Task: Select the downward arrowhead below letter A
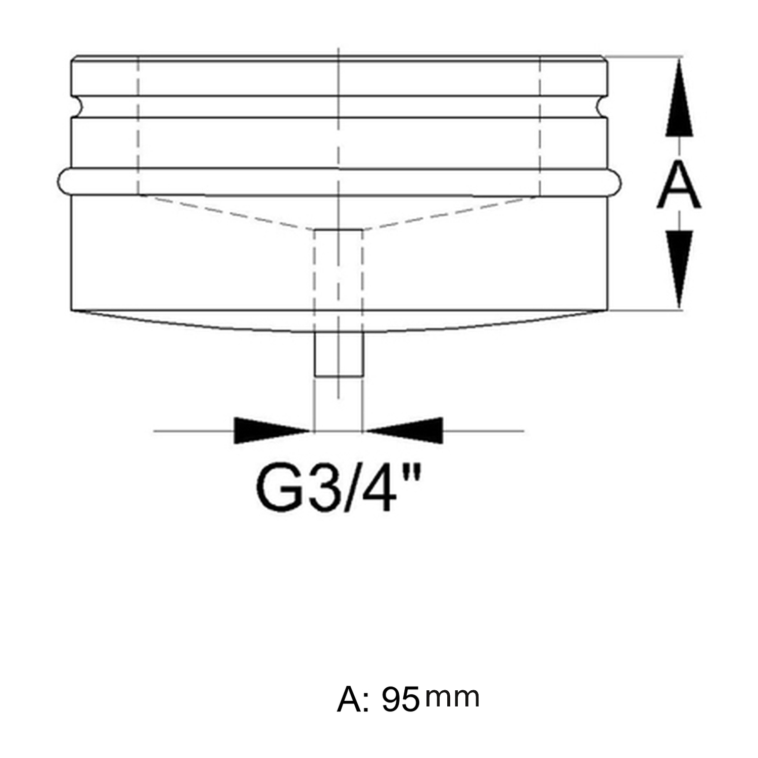click(x=679, y=268)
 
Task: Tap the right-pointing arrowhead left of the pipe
click(x=270, y=431)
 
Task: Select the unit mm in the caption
click(x=452, y=697)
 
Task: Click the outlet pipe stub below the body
click(x=339, y=354)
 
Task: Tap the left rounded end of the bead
click(x=63, y=180)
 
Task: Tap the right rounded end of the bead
click(x=615, y=180)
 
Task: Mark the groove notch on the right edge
click(x=602, y=107)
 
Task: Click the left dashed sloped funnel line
click(x=225, y=212)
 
